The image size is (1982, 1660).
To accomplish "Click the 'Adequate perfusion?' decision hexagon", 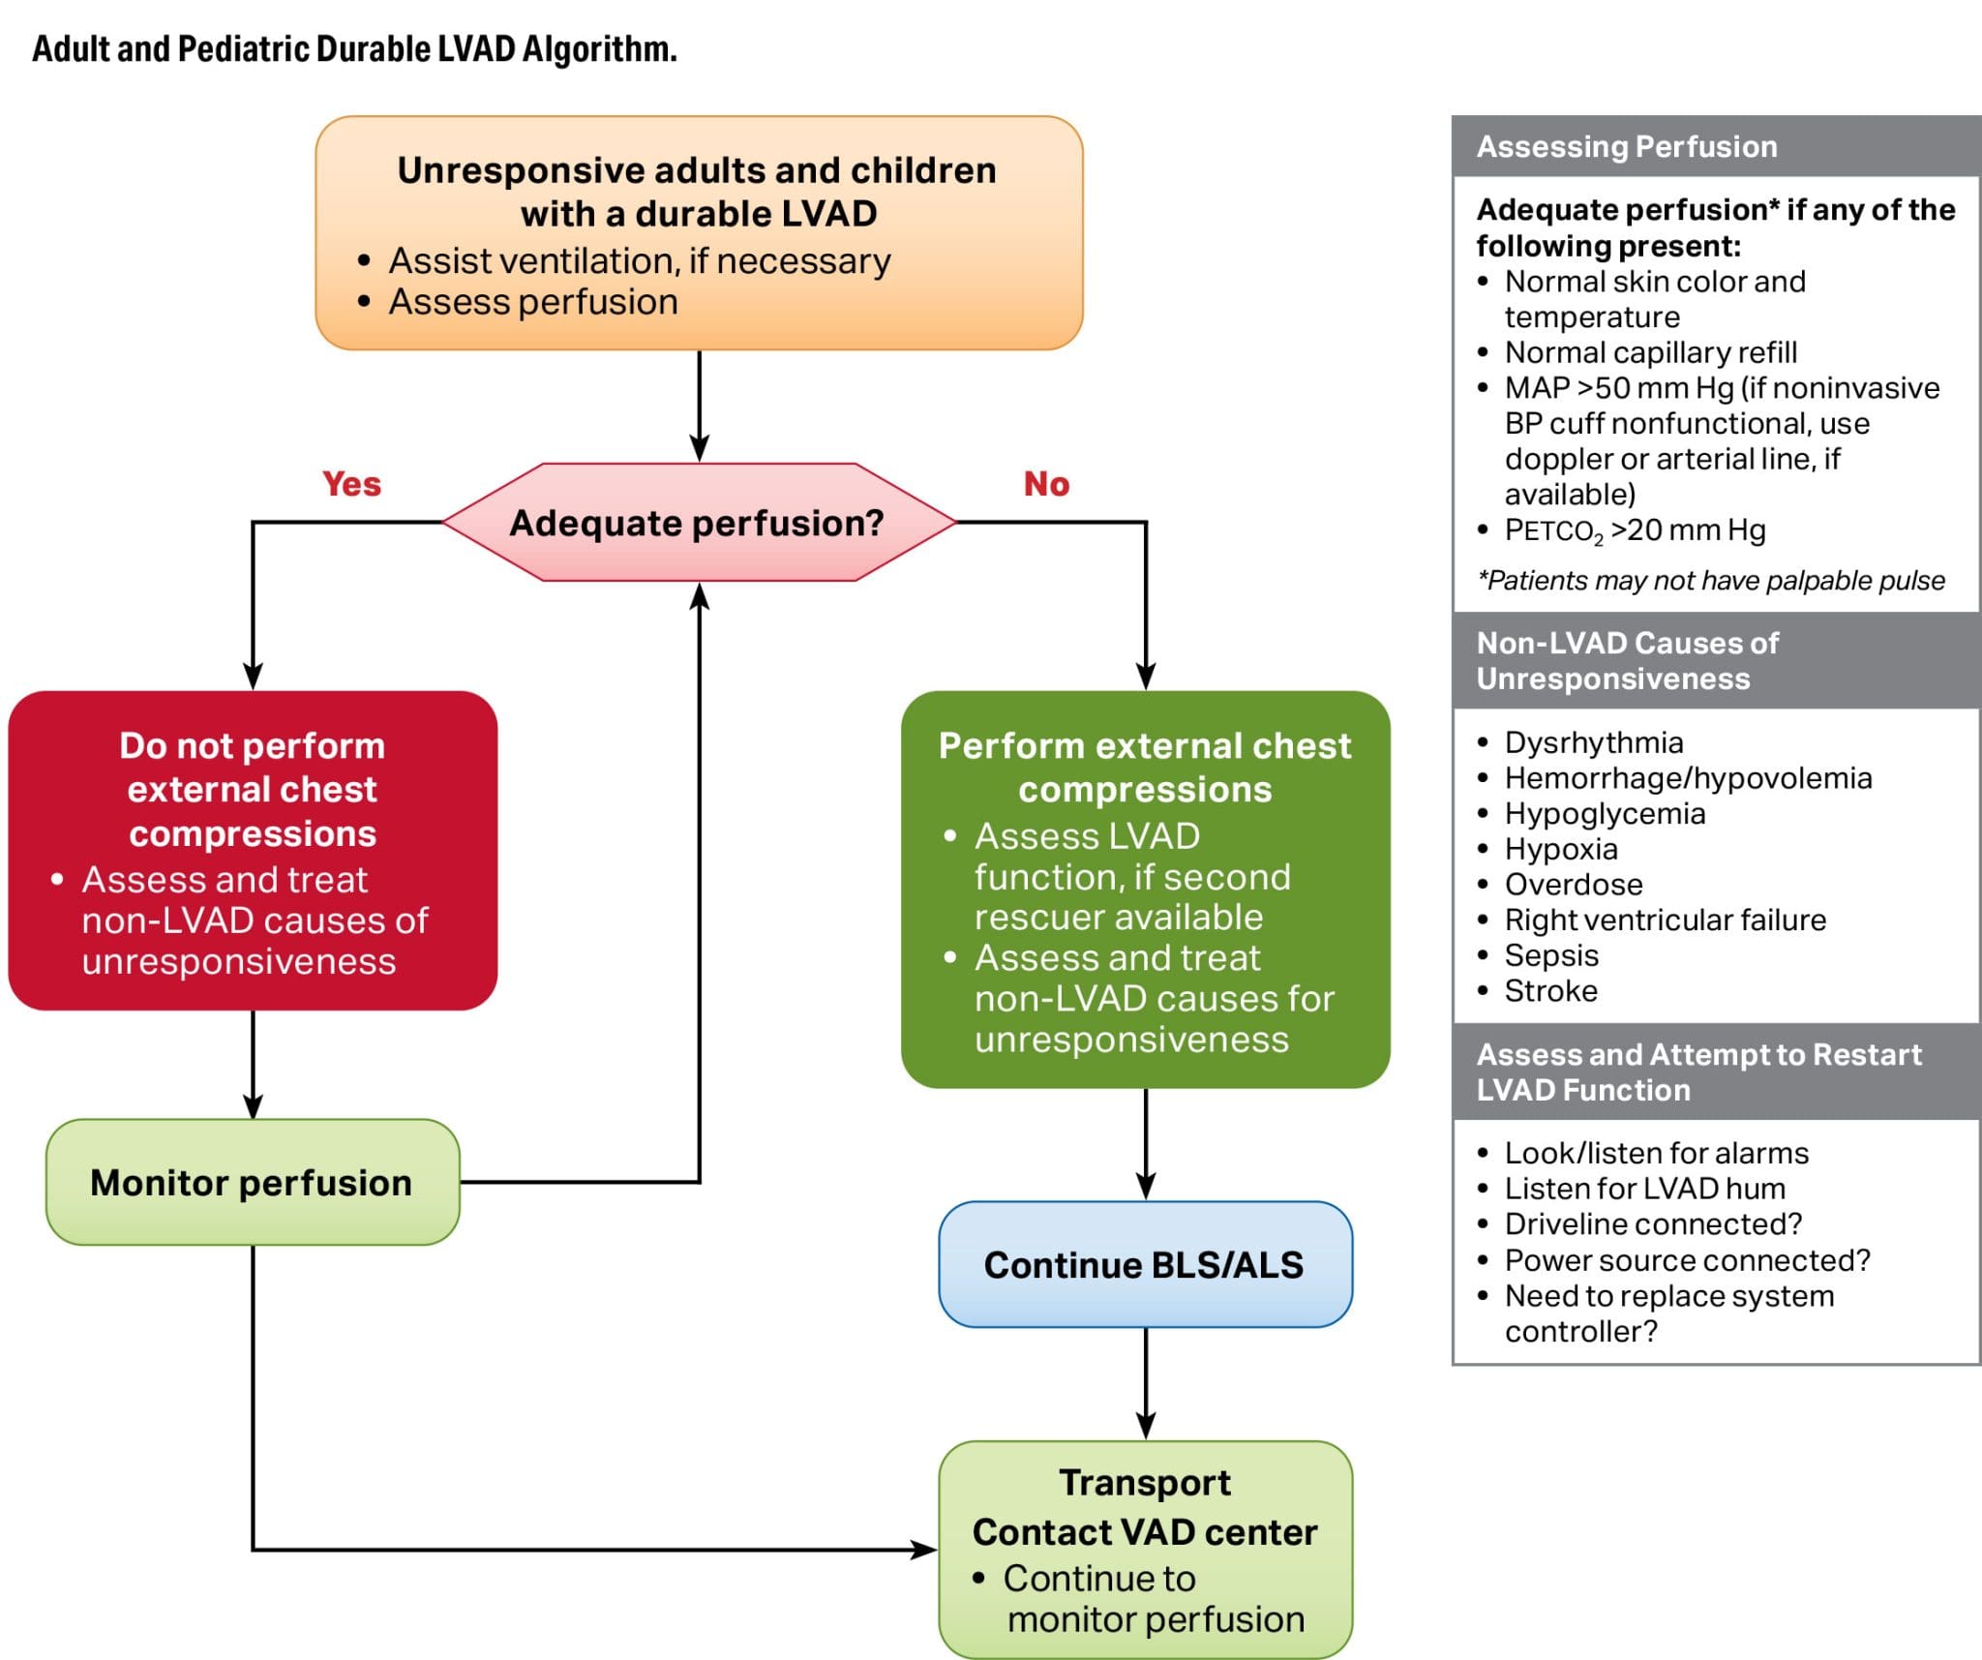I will click(698, 523).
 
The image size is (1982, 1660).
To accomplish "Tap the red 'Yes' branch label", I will click(351, 484).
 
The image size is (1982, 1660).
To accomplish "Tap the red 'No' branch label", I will click(1046, 484).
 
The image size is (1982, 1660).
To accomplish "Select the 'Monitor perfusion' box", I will click(253, 1182).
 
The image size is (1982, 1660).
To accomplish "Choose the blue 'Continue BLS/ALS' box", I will click(1145, 1265).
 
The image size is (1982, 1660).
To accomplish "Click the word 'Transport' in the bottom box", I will click(1145, 1483).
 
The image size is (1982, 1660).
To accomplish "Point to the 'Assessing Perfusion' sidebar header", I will click(1627, 146).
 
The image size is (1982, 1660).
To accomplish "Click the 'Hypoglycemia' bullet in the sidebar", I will click(1605, 814).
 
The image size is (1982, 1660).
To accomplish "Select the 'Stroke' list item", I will click(1550, 991).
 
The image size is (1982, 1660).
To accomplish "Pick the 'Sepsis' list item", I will click(1551, 955).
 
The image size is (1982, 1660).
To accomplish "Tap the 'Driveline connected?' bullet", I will click(1653, 1224).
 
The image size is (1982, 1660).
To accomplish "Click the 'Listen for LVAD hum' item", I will click(1644, 1189).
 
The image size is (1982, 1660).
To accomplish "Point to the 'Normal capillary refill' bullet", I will click(1650, 352).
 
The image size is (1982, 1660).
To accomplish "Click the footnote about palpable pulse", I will click(1711, 581).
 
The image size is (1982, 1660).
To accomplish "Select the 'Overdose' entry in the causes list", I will click(1574, 885).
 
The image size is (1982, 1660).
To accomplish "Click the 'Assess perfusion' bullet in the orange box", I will click(533, 302).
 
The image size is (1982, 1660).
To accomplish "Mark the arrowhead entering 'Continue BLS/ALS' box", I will click(1146, 1188).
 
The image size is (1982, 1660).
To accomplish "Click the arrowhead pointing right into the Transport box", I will click(924, 1550).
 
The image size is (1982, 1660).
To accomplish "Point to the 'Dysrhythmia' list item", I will click(1594, 742).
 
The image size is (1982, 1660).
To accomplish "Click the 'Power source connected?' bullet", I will click(1687, 1260).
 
